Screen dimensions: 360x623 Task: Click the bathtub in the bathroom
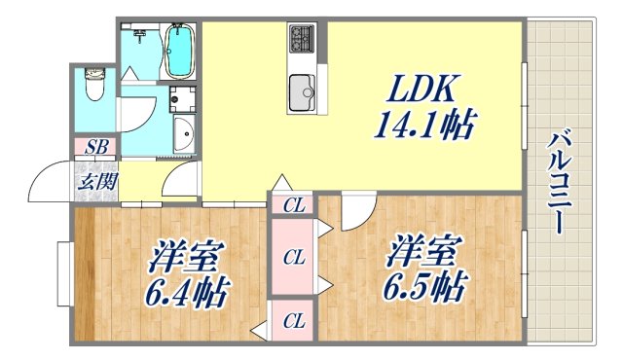[x=178, y=51]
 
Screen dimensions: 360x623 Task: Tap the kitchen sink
[x=302, y=93]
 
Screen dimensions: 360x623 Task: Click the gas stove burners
[x=301, y=40]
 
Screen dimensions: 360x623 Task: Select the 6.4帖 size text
[x=186, y=291]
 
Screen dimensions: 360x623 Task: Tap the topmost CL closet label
[x=293, y=205]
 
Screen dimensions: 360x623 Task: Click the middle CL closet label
[x=293, y=258]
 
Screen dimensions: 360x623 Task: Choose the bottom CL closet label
[x=293, y=320]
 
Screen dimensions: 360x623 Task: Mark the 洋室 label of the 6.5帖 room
[x=422, y=252]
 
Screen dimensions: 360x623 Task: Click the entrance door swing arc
[x=49, y=181]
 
